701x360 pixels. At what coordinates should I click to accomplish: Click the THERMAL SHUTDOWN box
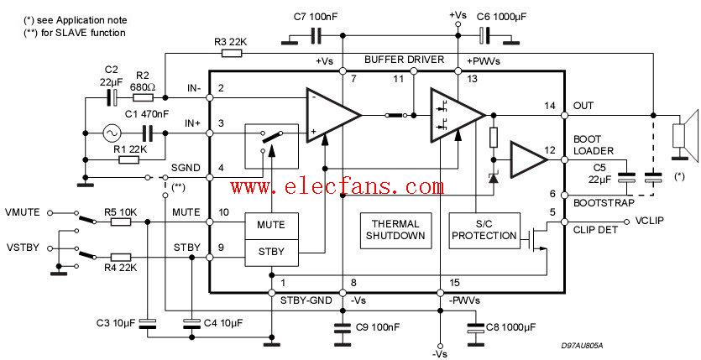tap(395, 229)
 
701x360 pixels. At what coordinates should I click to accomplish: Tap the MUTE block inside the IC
tap(270, 225)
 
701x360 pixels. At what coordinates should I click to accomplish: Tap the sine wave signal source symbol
tap(111, 133)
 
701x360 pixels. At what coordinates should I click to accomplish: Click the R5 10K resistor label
tap(120, 211)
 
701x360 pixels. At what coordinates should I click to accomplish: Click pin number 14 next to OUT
tap(550, 106)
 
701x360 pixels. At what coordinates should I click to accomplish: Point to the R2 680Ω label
tap(144, 81)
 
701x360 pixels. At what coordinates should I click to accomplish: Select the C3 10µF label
tap(114, 322)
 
